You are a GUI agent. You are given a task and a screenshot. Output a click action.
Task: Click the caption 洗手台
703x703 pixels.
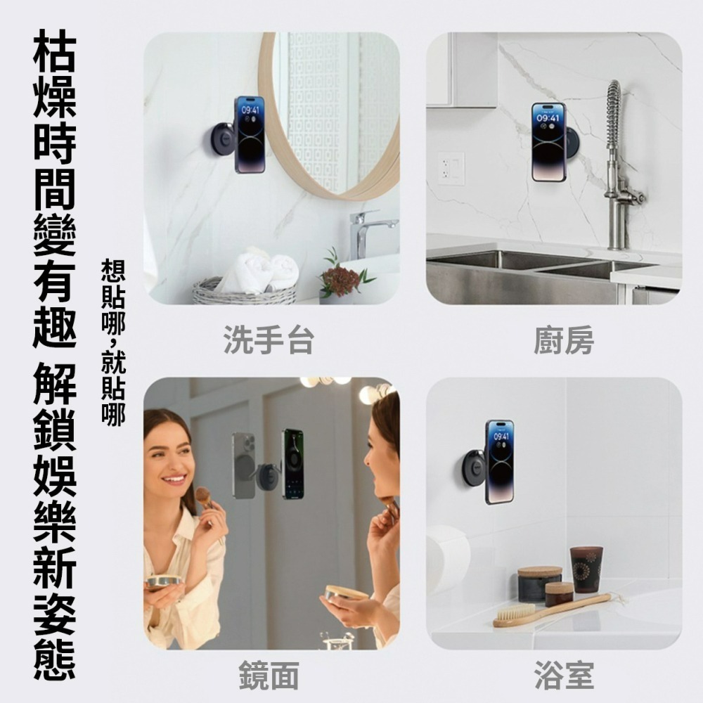point(269,341)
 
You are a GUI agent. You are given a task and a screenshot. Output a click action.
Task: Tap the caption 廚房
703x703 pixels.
point(563,341)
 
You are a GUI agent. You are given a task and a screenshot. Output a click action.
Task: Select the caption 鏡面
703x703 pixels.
point(269,676)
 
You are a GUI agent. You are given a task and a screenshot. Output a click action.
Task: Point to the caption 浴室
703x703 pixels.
point(563,676)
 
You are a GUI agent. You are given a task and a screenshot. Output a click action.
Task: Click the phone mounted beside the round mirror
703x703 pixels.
point(250,134)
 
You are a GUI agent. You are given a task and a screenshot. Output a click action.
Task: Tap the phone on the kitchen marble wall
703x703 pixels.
point(548,141)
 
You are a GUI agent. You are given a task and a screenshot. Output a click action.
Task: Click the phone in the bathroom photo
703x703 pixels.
point(499,461)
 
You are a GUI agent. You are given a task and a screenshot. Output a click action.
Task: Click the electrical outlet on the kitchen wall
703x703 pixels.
point(451,169)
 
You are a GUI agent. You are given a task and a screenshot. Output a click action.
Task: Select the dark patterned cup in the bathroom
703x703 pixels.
point(586,569)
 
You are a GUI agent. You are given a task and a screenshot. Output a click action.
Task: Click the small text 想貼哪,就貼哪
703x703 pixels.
point(113,342)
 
